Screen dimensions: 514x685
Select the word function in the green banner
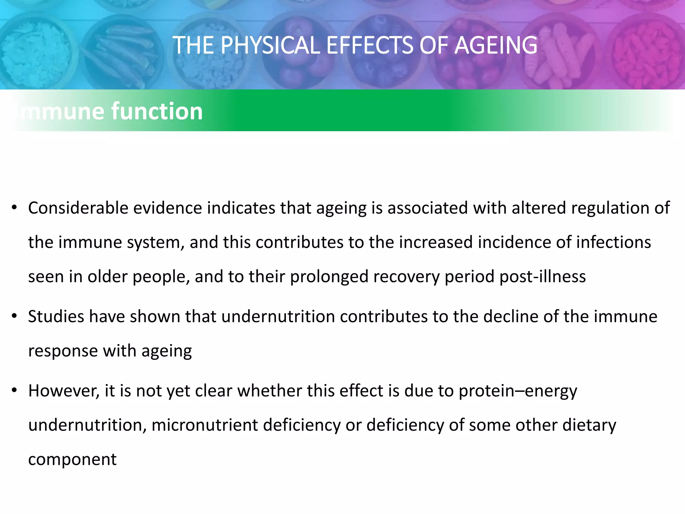[157, 111]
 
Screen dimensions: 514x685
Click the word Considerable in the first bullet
[78, 208]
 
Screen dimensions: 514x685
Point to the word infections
[613, 242]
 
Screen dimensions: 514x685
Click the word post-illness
[543, 277]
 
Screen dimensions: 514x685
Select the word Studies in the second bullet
[56, 317]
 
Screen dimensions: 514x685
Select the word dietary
[589, 425]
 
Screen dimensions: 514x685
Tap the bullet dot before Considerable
[14, 208]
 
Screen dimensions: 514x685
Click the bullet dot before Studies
[14, 317]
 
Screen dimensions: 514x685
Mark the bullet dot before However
[14, 391]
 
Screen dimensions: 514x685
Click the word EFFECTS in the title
[370, 46]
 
